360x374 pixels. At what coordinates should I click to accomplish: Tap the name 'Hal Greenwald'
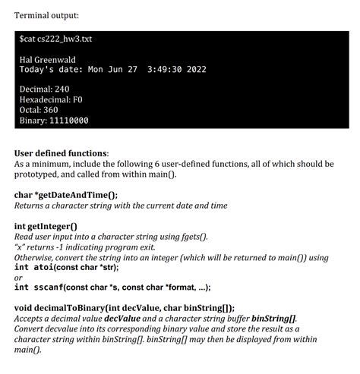pyautogui.click(x=46, y=60)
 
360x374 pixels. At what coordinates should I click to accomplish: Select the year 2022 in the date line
pyautogui.click(x=192, y=70)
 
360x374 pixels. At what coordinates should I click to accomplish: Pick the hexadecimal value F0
pyautogui.click(x=79, y=100)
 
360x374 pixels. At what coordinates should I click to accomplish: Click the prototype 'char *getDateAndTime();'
pyautogui.click(x=66, y=194)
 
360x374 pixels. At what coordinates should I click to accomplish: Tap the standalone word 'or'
pyautogui.click(x=19, y=278)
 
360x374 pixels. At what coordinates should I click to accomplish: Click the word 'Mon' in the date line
pyautogui.click(x=97, y=70)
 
